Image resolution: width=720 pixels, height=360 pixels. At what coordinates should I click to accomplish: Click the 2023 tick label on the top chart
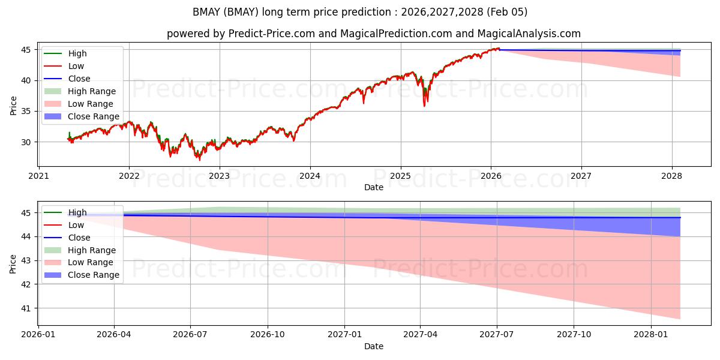(x=220, y=176)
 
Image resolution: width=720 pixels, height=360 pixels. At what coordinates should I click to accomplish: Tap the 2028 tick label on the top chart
(x=671, y=176)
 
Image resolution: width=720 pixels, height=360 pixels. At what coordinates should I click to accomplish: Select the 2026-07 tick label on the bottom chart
(x=190, y=335)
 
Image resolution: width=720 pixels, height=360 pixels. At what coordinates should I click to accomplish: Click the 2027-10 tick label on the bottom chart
(x=574, y=335)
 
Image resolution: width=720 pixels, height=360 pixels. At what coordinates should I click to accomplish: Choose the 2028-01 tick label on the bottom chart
(x=651, y=335)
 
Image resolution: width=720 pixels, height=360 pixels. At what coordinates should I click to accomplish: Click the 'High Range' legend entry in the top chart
(x=92, y=91)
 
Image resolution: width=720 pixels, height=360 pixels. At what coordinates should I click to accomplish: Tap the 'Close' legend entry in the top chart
(x=79, y=79)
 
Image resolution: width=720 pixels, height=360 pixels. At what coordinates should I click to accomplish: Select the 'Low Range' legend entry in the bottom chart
(x=90, y=262)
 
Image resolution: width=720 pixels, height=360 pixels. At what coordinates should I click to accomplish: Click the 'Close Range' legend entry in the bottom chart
(x=93, y=275)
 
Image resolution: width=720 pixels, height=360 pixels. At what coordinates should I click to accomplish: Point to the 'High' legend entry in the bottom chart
(x=77, y=212)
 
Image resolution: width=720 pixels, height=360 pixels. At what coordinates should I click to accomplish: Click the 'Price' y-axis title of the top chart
(x=14, y=105)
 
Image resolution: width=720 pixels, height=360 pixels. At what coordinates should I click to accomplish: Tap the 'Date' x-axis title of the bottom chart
(x=374, y=346)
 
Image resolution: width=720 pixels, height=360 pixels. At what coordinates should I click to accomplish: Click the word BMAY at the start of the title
(x=205, y=12)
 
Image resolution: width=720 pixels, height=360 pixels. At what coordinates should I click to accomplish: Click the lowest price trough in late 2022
(x=200, y=160)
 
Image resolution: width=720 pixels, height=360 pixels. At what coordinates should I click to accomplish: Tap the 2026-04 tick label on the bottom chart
(x=114, y=335)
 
